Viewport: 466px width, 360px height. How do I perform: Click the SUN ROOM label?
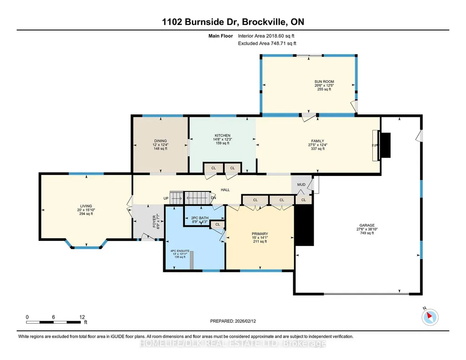tap(324, 81)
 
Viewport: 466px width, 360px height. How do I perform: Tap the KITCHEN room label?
tap(223, 135)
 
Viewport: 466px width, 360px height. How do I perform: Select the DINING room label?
tap(160, 141)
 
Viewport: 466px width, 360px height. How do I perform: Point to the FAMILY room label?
tap(318, 141)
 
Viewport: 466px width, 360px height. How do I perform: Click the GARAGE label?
tap(367, 225)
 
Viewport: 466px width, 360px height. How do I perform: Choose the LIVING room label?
tap(86, 206)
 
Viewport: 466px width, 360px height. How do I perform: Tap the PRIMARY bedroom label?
tap(260, 234)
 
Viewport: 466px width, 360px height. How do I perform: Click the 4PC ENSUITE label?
tap(180, 251)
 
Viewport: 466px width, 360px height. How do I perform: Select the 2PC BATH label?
tap(200, 218)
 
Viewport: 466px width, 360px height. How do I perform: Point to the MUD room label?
tap(301, 185)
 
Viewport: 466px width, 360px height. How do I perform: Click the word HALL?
tap(225, 190)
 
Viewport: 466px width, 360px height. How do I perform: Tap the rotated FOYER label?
tap(154, 221)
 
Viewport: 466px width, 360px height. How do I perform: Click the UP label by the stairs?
tap(166, 198)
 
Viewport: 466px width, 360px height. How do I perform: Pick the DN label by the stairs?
tap(213, 198)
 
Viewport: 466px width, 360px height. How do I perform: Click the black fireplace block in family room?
tap(386, 145)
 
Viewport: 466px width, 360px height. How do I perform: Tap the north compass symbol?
tap(430, 317)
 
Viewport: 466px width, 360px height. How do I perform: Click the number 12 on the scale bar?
tap(82, 317)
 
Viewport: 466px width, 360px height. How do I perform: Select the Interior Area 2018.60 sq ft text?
tap(266, 36)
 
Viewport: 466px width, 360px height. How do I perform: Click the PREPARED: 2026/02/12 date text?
tap(233, 321)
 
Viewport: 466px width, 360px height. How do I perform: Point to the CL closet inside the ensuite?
tap(218, 224)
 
